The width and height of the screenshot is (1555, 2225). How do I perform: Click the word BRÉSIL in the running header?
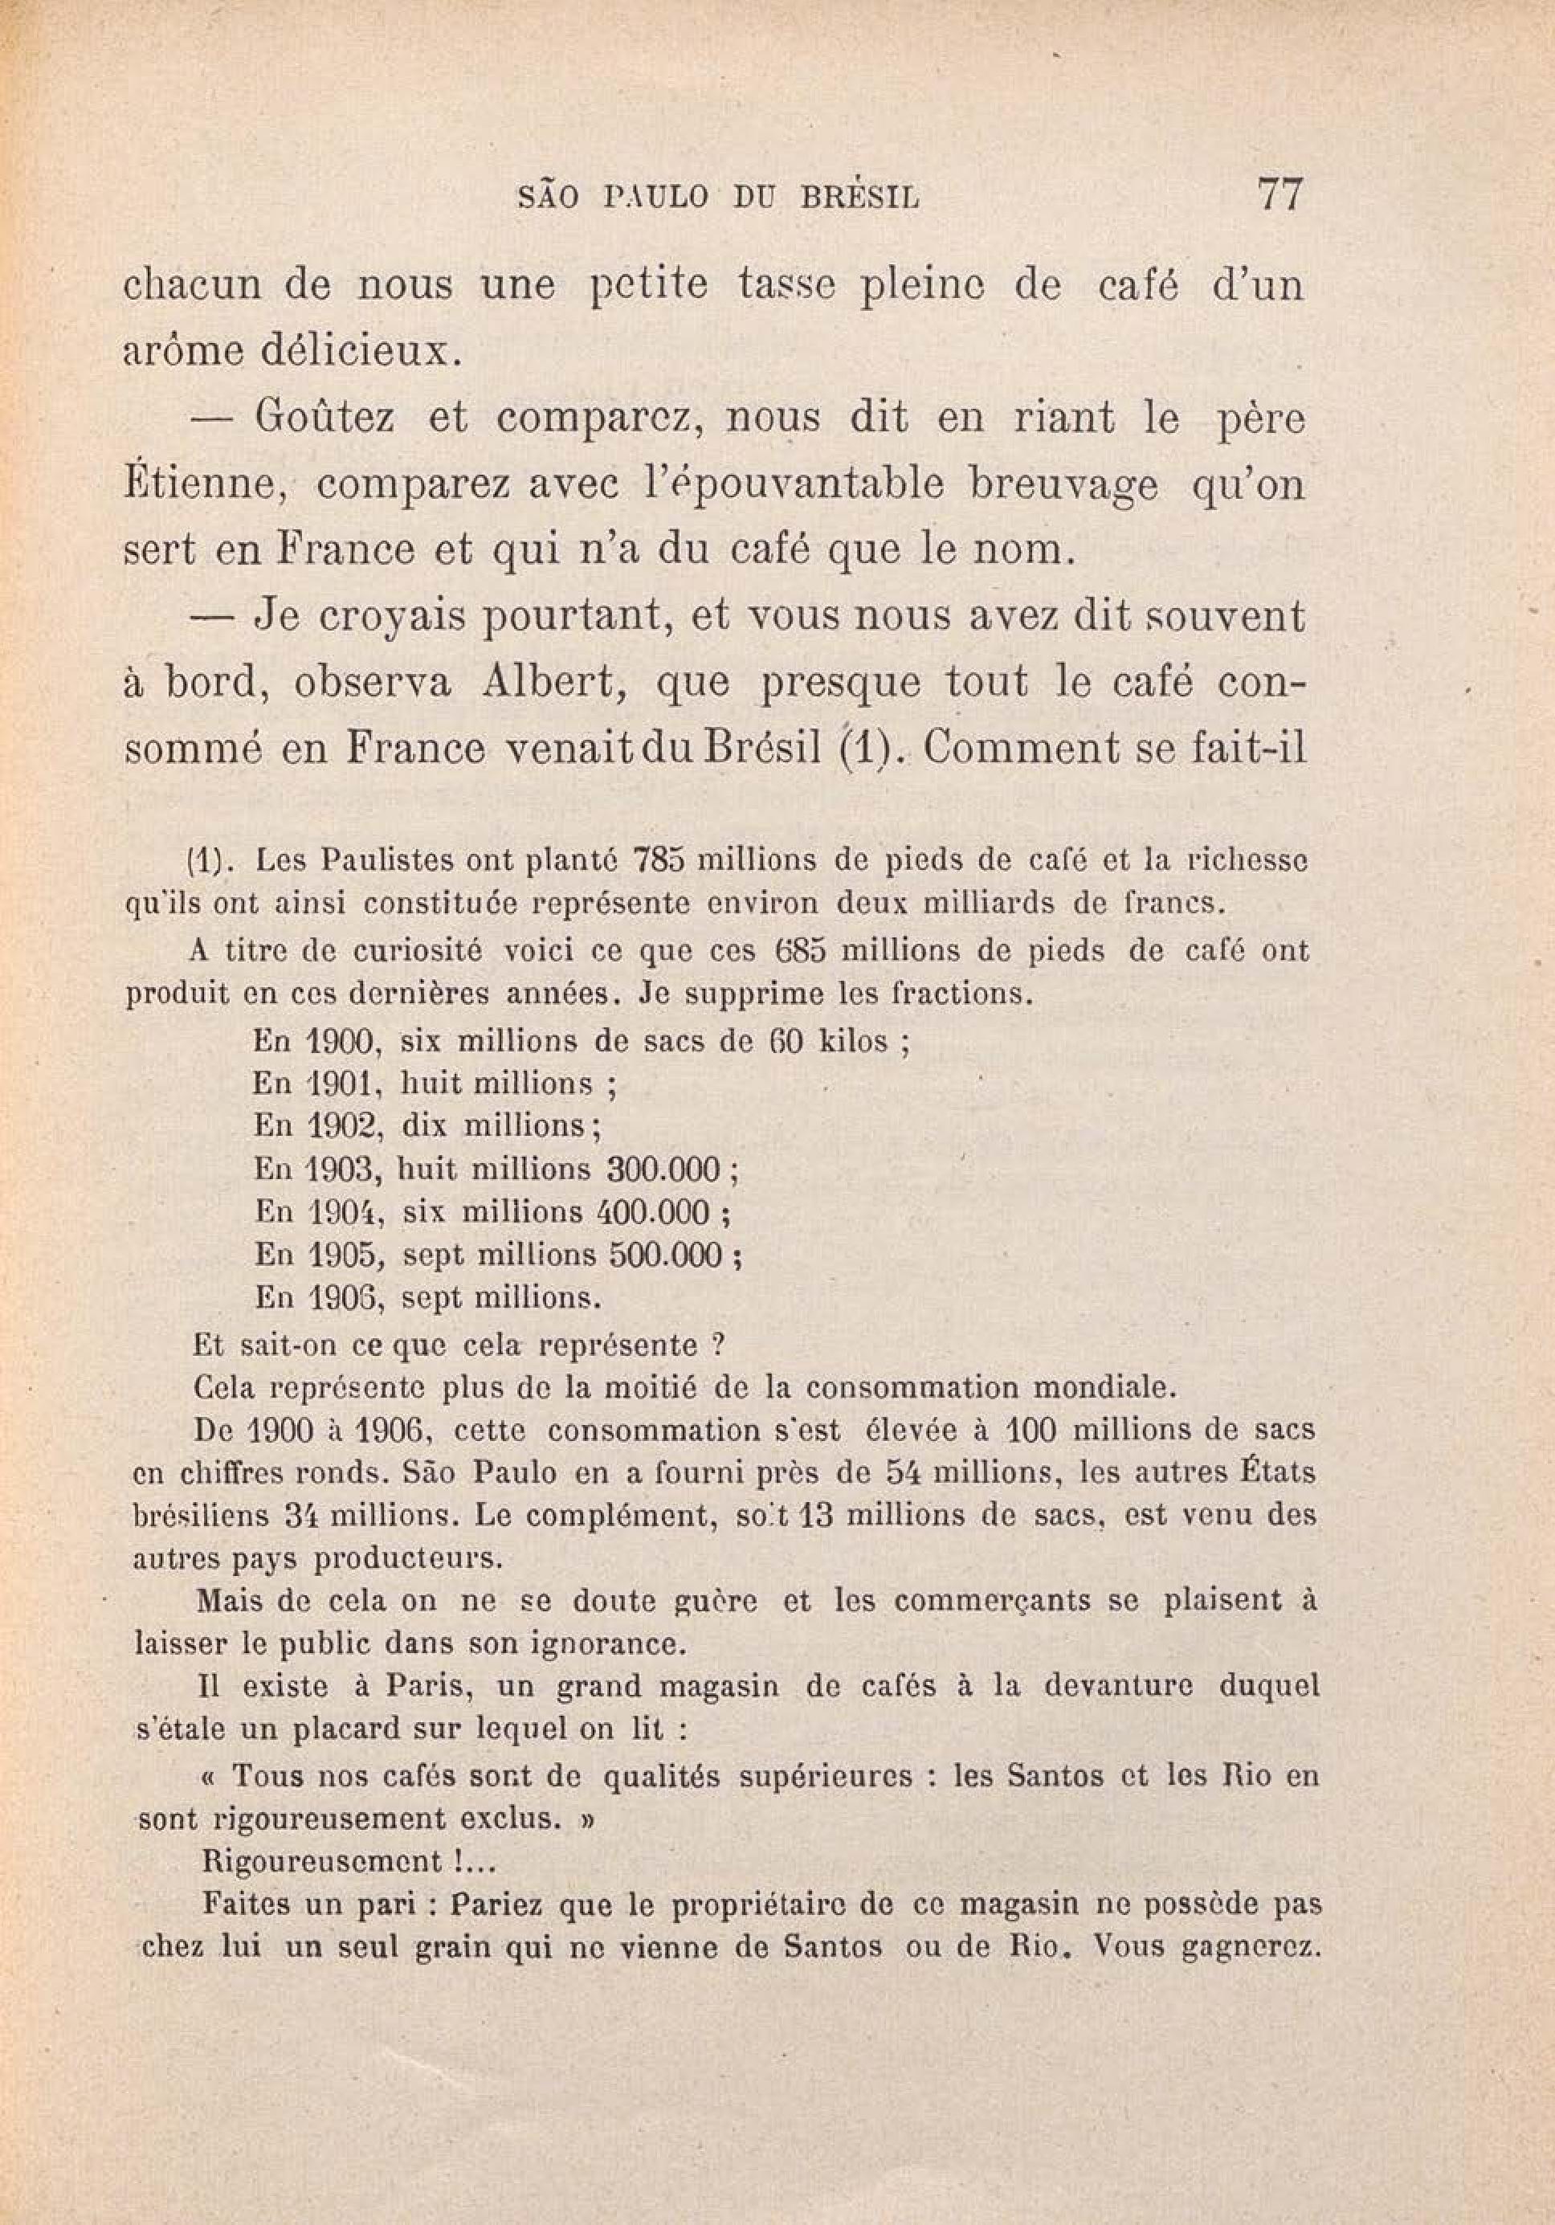click(x=858, y=198)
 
